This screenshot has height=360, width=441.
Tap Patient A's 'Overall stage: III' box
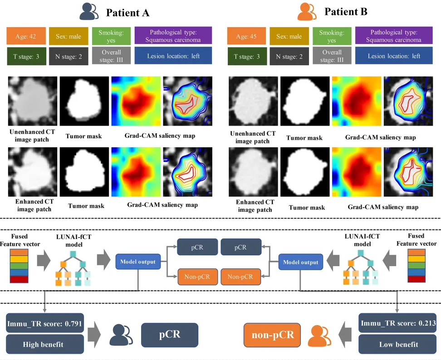(x=111, y=56)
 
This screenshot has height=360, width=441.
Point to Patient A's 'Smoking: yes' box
(x=111, y=35)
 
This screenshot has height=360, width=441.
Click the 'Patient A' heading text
(x=127, y=12)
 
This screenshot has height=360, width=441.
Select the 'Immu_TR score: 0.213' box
(x=397, y=324)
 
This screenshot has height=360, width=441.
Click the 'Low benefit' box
(x=397, y=344)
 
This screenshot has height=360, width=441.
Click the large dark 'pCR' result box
(x=169, y=335)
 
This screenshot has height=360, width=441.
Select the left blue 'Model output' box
(x=137, y=262)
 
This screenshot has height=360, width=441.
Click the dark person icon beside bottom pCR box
(x=119, y=335)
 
